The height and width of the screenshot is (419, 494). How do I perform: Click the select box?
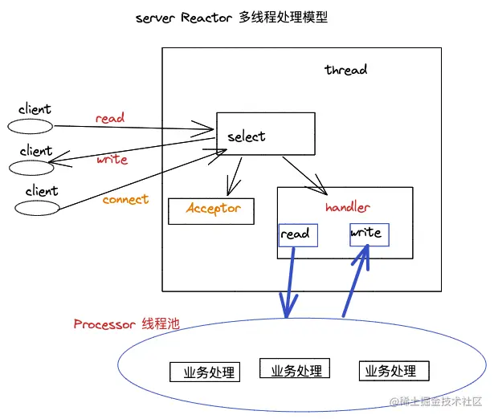point(265,134)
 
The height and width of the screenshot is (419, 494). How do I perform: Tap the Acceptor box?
point(211,210)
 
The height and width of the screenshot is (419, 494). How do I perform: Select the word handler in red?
point(347,207)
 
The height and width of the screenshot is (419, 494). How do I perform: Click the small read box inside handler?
point(296,234)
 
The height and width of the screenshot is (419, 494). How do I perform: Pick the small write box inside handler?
point(369,234)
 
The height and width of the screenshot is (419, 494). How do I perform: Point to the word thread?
point(345,70)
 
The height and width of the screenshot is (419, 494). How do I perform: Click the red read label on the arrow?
point(110,118)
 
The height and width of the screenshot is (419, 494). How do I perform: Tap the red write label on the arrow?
point(112,159)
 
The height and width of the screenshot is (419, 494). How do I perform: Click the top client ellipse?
point(31,126)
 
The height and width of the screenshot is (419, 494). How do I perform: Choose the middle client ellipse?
point(31,167)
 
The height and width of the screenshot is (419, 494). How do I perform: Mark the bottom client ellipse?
point(37,207)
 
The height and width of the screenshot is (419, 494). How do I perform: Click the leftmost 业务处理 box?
point(205,372)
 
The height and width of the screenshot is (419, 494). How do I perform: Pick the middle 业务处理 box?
point(295,370)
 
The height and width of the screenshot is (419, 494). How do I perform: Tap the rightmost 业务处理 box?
point(394,371)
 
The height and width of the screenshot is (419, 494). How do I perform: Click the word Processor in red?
point(104,324)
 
